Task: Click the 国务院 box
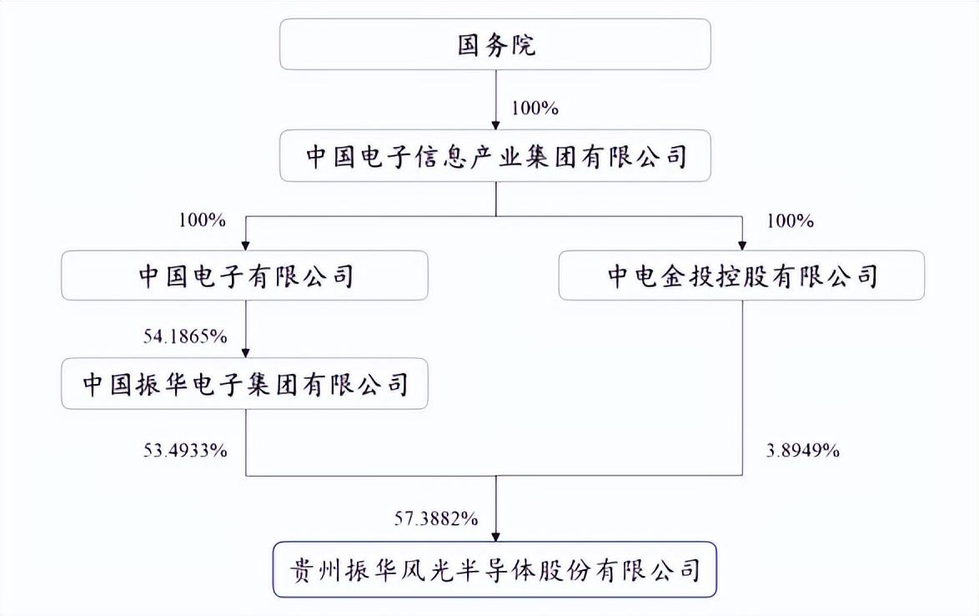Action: coord(495,44)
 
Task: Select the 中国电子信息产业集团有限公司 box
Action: coord(495,156)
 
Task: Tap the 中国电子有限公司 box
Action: coord(245,275)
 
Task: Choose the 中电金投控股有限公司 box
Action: coord(741,275)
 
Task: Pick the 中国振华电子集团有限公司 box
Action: coord(245,384)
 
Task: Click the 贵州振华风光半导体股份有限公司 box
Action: coord(495,570)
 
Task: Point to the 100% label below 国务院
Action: coord(535,108)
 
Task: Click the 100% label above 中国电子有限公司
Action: coord(203,220)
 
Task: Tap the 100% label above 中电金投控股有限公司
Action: coord(791,220)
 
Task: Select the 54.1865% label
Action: coord(185,336)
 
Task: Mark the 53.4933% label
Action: coord(185,451)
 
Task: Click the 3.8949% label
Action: coord(803,451)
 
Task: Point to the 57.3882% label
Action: coord(436,518)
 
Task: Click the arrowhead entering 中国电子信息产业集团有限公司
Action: coord(495,124)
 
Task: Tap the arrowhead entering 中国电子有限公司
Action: coord(246,245)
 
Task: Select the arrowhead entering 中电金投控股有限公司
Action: coord(742,245)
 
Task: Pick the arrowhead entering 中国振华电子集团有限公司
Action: coord(246,352)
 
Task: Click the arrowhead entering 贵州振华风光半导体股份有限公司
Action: coord(495,536)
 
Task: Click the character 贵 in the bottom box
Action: coord(302,570)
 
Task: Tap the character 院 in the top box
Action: coord(523,44)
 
